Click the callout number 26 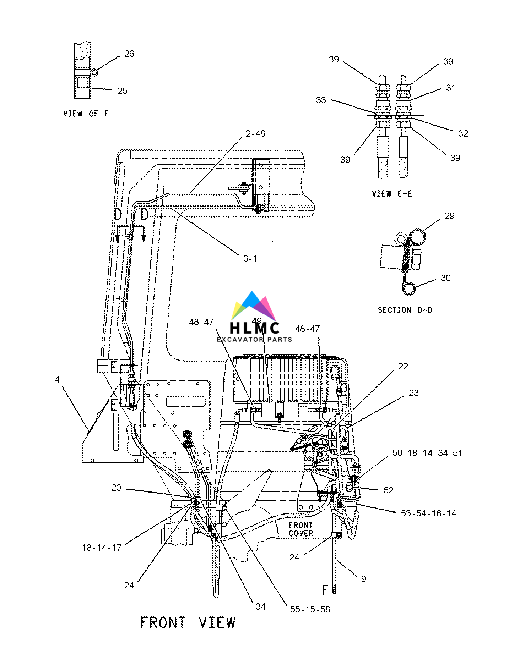click(129, 54)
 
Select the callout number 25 click(122, 91)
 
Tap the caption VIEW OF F click(86, 114)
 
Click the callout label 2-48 click(255, 133)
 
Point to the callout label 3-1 click(250, 258)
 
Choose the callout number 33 click(321, 100)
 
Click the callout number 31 click(450, 88)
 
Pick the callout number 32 click(463, 133)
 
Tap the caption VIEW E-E click(392, 193)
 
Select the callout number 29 click(449, 216)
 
